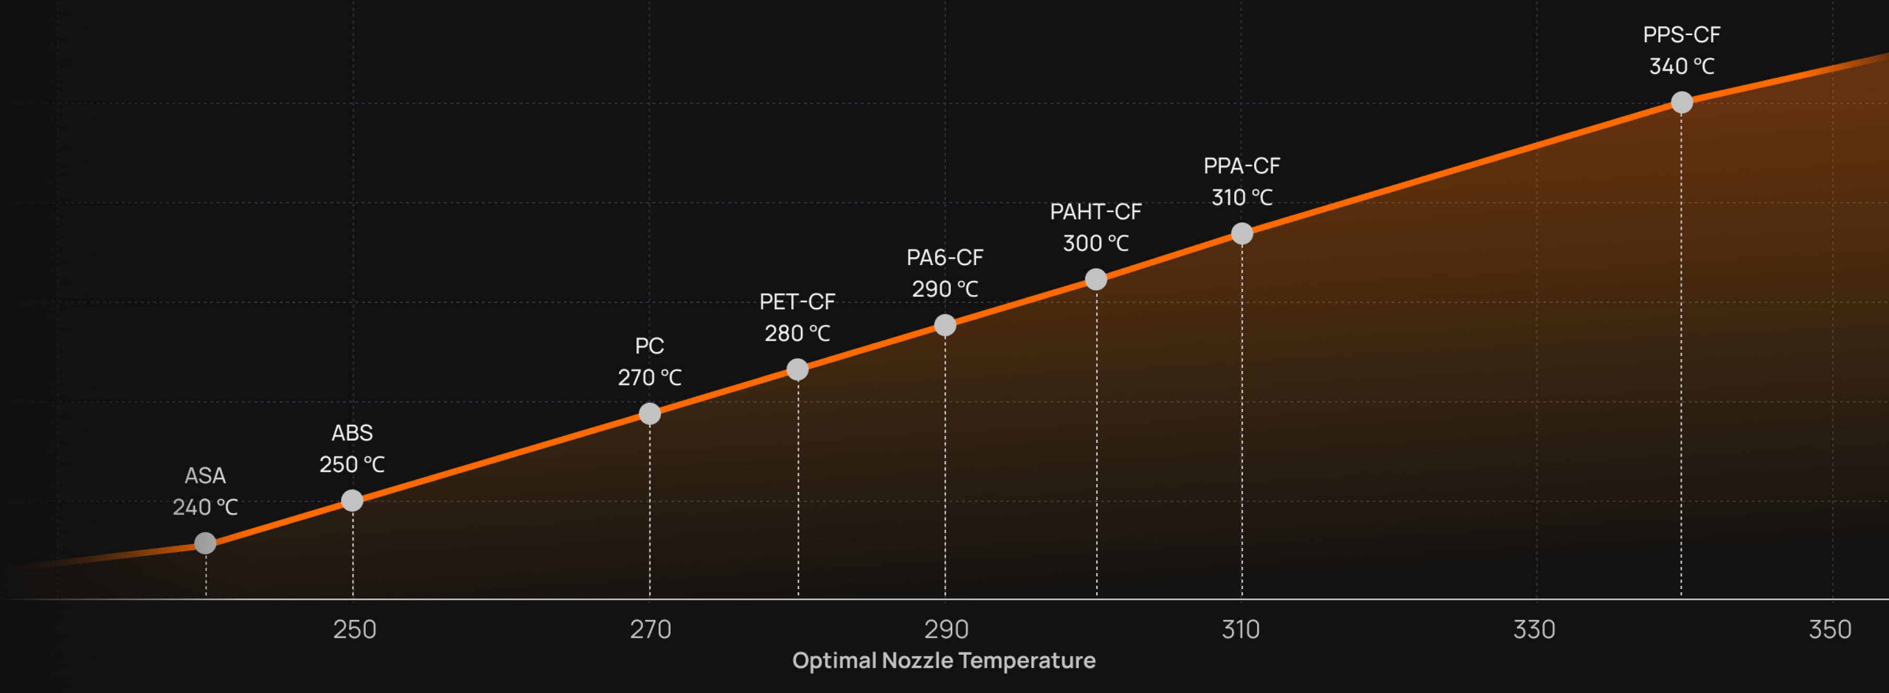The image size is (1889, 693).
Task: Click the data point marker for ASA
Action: pyautogui.click(x=205, y=543)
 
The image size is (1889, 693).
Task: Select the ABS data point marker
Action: pyautogui.click(x=352, y=501)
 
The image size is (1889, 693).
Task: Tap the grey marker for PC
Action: pyautogui.click(x=650, y=414)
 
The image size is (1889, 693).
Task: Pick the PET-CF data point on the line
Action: pyautogui.click(x=797, y=370)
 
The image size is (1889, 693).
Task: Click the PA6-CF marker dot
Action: pyautogui.click(x=945, y=325)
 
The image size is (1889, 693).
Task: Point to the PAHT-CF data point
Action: pyautogui.click(x=1096, y=279)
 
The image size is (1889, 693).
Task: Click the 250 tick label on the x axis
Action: pyautogui.click(x=354, y=629)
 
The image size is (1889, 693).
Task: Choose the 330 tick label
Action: pyautogui.click(x=1534, y=629)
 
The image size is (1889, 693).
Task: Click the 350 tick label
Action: pyautogui.click(x=1830, y=629)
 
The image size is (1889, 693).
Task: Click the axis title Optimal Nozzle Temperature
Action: pyautogui.click(x=944, y=661)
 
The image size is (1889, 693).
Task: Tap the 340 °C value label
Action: pyautogui.click(x=1682, y=67)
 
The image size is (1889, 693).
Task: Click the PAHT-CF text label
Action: pyautogui.click(x=1096, y=212)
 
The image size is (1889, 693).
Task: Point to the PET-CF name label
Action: pyautogui.click(x=797, y=302)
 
